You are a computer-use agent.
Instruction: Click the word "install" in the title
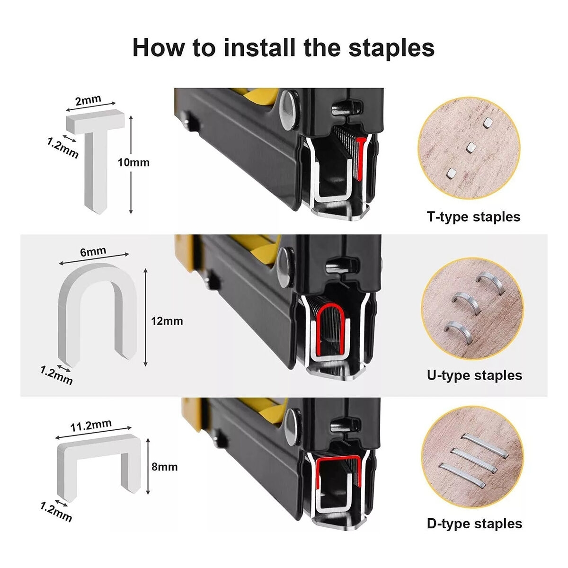pos(259,47)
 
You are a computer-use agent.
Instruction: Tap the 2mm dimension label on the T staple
pos(88,100)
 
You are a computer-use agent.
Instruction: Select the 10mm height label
pos(133,162)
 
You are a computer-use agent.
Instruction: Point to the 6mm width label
pos(93,251)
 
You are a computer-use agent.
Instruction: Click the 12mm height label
pos(167,321)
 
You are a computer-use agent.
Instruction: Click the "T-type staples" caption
pos(473,217)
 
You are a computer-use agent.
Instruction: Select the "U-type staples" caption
pos(475,375)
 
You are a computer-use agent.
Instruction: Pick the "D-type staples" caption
pos(475,524)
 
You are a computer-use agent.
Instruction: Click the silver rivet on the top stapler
pos(288,110)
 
